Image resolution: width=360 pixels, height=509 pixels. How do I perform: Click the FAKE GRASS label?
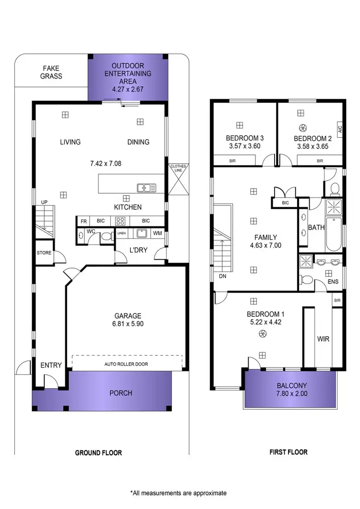(x=51, y=72)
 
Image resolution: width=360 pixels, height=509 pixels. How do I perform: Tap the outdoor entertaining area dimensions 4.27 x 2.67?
(x=128, y=89)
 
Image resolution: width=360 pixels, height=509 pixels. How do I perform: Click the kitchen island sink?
(x=144, y=188)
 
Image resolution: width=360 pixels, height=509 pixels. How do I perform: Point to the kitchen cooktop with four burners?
(x=120, y=221)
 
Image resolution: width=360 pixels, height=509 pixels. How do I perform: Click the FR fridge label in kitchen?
(x=84, y=221)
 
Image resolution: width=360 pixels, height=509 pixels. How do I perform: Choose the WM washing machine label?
(x=157, y=234)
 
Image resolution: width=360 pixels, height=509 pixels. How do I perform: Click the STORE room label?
(x=44, y=253)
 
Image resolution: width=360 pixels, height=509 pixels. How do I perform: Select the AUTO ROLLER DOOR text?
(x=126, y=364)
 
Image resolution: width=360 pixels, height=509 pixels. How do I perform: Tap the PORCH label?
(x=120, y=393)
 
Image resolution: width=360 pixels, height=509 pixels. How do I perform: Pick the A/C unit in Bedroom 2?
(x=340, y=129)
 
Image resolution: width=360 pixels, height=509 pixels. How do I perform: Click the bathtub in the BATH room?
(x=334, y=235)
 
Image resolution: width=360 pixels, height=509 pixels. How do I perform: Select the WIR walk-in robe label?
(x=323, y=339)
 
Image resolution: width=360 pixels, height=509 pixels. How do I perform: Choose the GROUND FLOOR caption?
(x=98, y=452)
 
